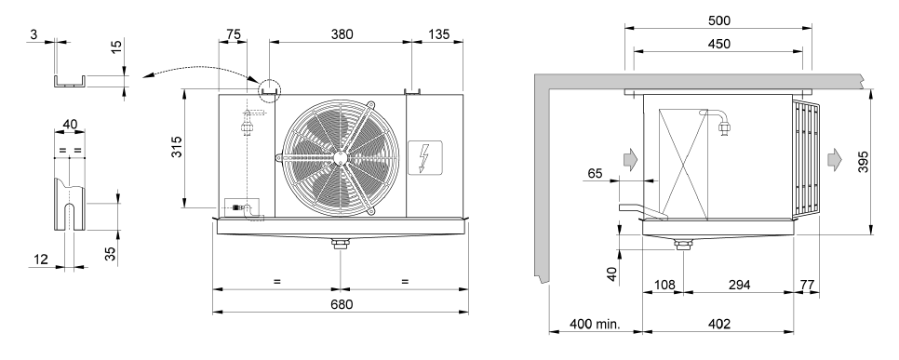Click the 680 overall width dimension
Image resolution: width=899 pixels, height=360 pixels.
tap(342, 304)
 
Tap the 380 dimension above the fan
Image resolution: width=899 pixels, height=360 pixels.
tap(342, 33)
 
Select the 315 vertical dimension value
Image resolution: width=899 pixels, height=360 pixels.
tap(177, 147)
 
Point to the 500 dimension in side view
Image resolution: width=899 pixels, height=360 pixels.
tap(719, 20)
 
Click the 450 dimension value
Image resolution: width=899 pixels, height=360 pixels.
tap(719, 44)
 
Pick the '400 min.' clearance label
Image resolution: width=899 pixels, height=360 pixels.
tap(595, 324)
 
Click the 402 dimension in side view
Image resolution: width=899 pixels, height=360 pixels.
tap(719, 324)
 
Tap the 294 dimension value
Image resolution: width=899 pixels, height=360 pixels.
tap(739, 285)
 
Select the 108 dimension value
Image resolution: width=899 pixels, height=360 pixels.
tap(664, 285)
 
